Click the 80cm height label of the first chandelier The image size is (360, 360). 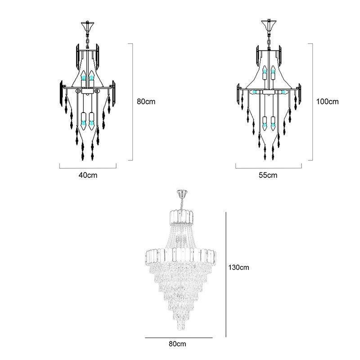click(146, 101)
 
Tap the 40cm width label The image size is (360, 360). click(88, 175)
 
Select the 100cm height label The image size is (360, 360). click(327, 101)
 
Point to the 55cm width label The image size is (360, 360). click(268, 175)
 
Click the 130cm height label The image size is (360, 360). click(238, 267)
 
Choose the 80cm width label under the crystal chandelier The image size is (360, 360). click(178, 344)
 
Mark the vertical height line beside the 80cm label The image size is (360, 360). click(133, 101)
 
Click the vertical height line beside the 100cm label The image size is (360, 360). click(313, 101)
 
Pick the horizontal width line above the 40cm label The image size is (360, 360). click(88, 167)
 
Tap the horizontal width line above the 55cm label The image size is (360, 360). click(268, 167)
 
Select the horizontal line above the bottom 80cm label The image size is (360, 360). click(178, 337)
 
